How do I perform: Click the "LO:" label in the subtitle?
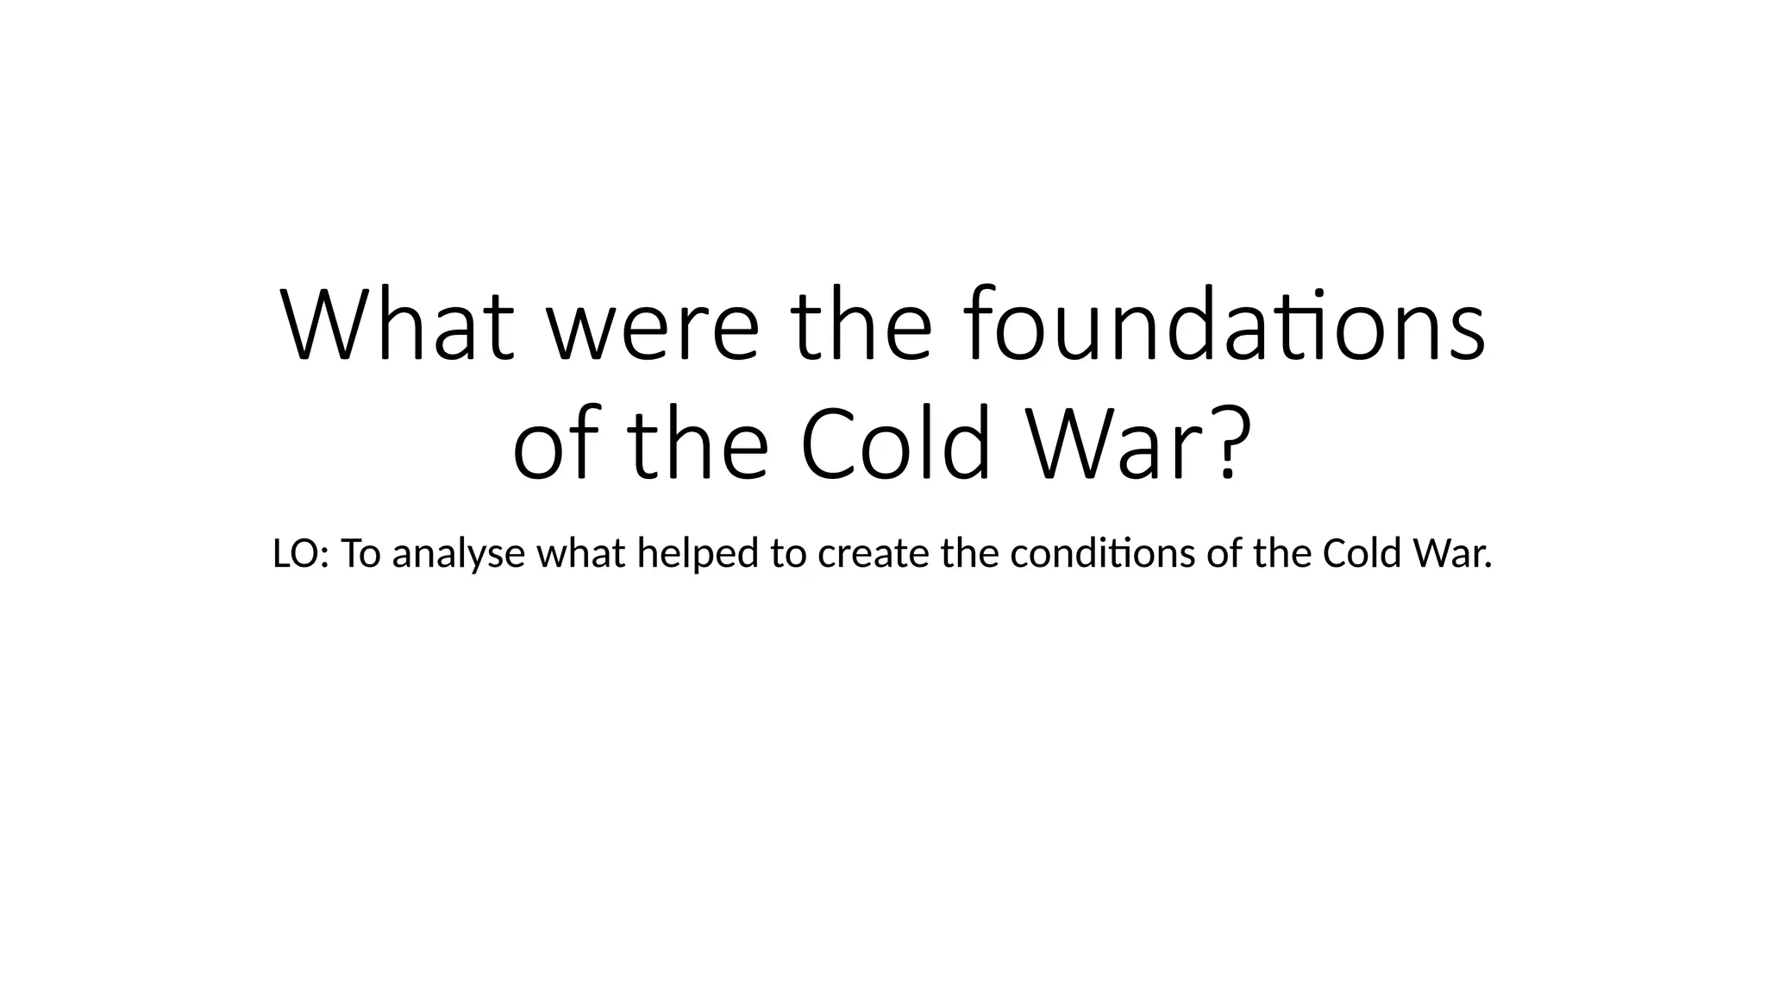pos(300,554)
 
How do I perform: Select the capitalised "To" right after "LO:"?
pos(360,554)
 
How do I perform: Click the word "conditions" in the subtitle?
pos(1102,554)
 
